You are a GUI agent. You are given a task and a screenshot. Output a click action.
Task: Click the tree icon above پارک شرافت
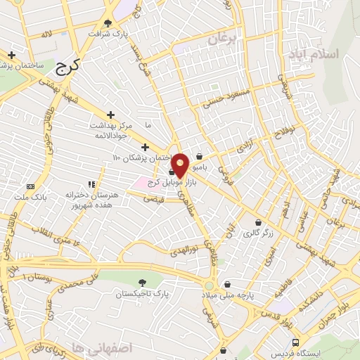click(x=108, y=22)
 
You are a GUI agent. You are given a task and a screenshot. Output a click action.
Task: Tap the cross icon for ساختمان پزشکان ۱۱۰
click(x=145, y=147)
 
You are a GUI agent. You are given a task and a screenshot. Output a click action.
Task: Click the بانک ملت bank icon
click(x=30, y=186)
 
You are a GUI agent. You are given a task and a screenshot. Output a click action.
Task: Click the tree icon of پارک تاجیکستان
click(x=142, y=283)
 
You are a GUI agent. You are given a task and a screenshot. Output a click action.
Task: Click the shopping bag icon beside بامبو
click(x=200, y=156)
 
